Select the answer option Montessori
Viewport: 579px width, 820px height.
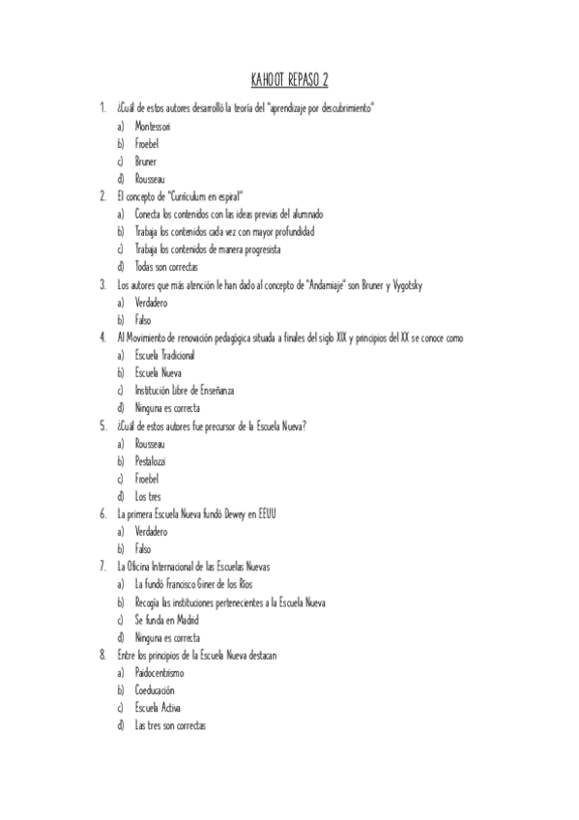click(x=153, y=126)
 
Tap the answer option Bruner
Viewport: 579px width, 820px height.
click(x=146, y=161)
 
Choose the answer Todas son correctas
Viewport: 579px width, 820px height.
click(x=167, y=266)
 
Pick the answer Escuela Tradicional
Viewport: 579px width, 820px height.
click(x=164, y=355)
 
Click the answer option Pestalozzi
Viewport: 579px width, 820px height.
click(x=151, y=461)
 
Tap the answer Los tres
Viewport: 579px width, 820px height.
click(x=148, y=496)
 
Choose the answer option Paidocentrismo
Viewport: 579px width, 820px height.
click(x=159, y=673)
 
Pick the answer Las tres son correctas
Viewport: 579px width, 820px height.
click(x=170, y=726)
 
